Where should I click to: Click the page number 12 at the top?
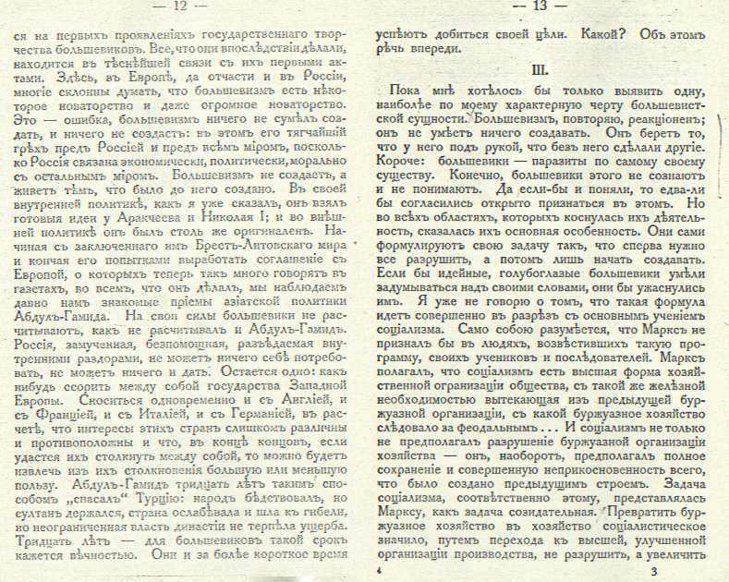(x=179, y=7)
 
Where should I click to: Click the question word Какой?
(x=604, y=33)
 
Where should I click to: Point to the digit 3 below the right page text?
(x=652, y=573)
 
